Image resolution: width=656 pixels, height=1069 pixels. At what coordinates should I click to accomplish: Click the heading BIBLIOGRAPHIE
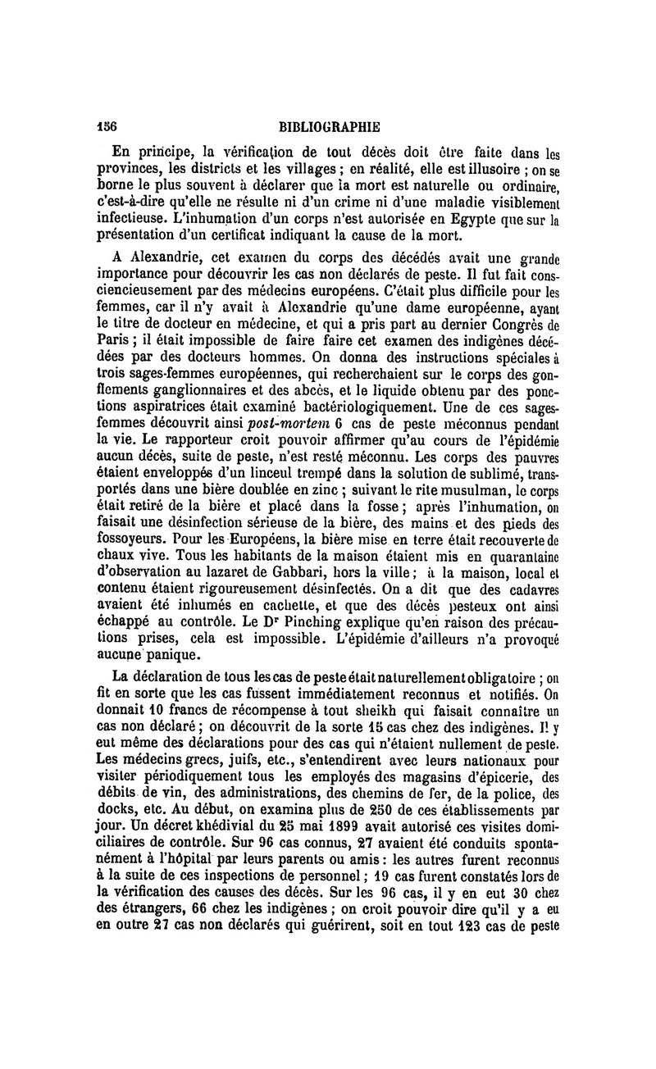click(x=329, y=128)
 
